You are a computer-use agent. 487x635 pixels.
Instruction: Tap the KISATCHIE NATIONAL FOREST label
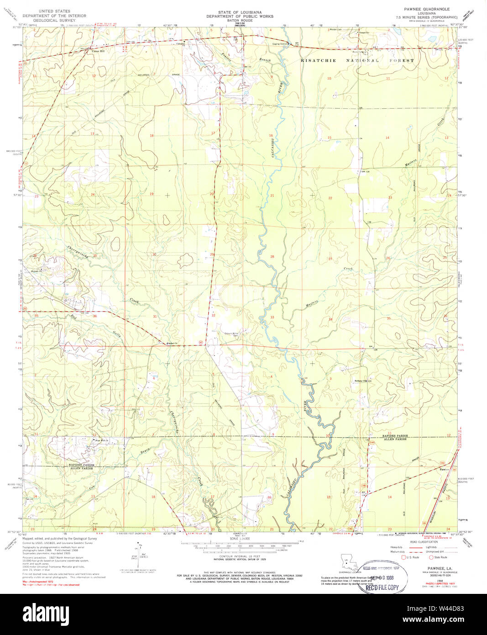pyautogui.click(x=357, y=60)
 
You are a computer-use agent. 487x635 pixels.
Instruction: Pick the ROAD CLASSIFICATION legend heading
pyautogui.click(x=427, y=542)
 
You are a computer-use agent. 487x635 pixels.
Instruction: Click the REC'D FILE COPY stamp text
pyautogui.click(x=382, y=587)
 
